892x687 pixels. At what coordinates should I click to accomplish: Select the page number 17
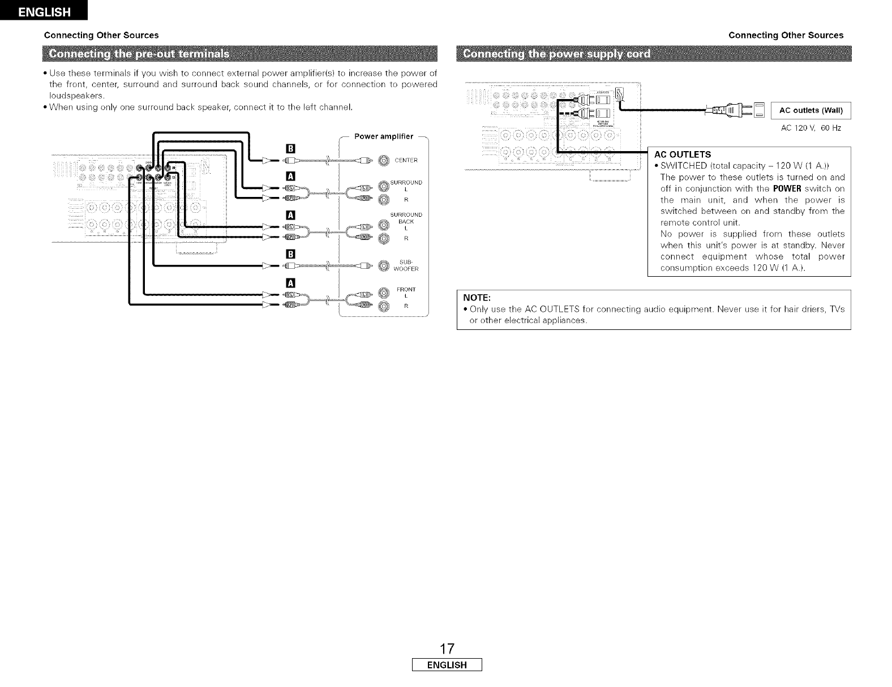pos(447,647)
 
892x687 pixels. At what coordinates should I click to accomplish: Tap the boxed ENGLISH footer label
pos(447,665)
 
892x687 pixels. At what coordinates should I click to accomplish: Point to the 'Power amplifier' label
pos(384,136)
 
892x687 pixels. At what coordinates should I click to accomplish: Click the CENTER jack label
pos(406,160)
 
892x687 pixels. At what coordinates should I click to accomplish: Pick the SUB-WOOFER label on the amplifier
pos(405,265)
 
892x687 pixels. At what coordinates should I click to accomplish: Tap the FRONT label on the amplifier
pos(405,290)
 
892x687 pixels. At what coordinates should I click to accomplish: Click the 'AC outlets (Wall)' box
pos(811,110)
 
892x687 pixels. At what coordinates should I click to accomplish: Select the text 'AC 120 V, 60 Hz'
pos(810,128)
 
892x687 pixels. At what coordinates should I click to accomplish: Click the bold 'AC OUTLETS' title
pos(683,154)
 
